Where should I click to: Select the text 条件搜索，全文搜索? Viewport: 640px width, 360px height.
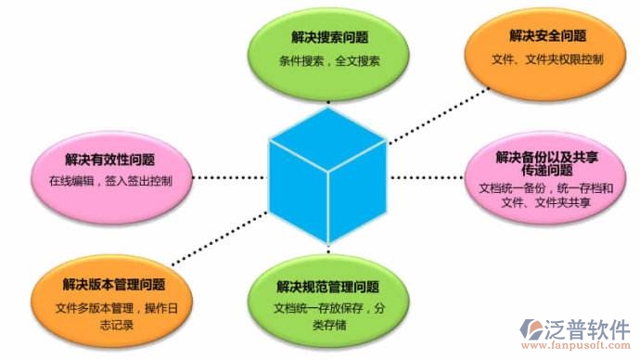(x=328, y=62)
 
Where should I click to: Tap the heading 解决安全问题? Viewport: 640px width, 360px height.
(x=547, y=36)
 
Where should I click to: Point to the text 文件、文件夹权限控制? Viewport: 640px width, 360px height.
(x=547, y=60)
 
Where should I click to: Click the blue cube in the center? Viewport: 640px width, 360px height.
(x=326, y=176)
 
